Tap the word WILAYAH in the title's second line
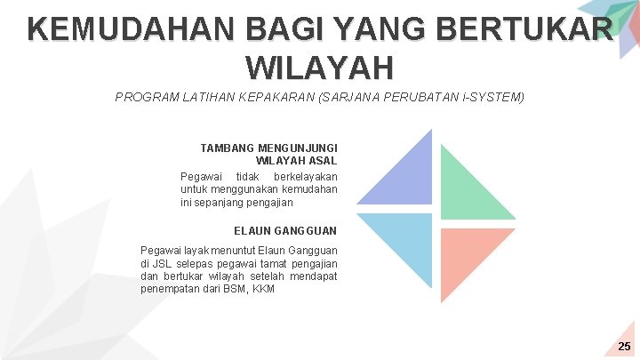click(x=317, y=67)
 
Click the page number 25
click(x=624, y=346)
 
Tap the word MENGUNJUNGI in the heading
click(x=293, y=148)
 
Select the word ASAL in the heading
click(x=324, y=161)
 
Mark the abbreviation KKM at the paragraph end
click(x=263, y=289)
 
